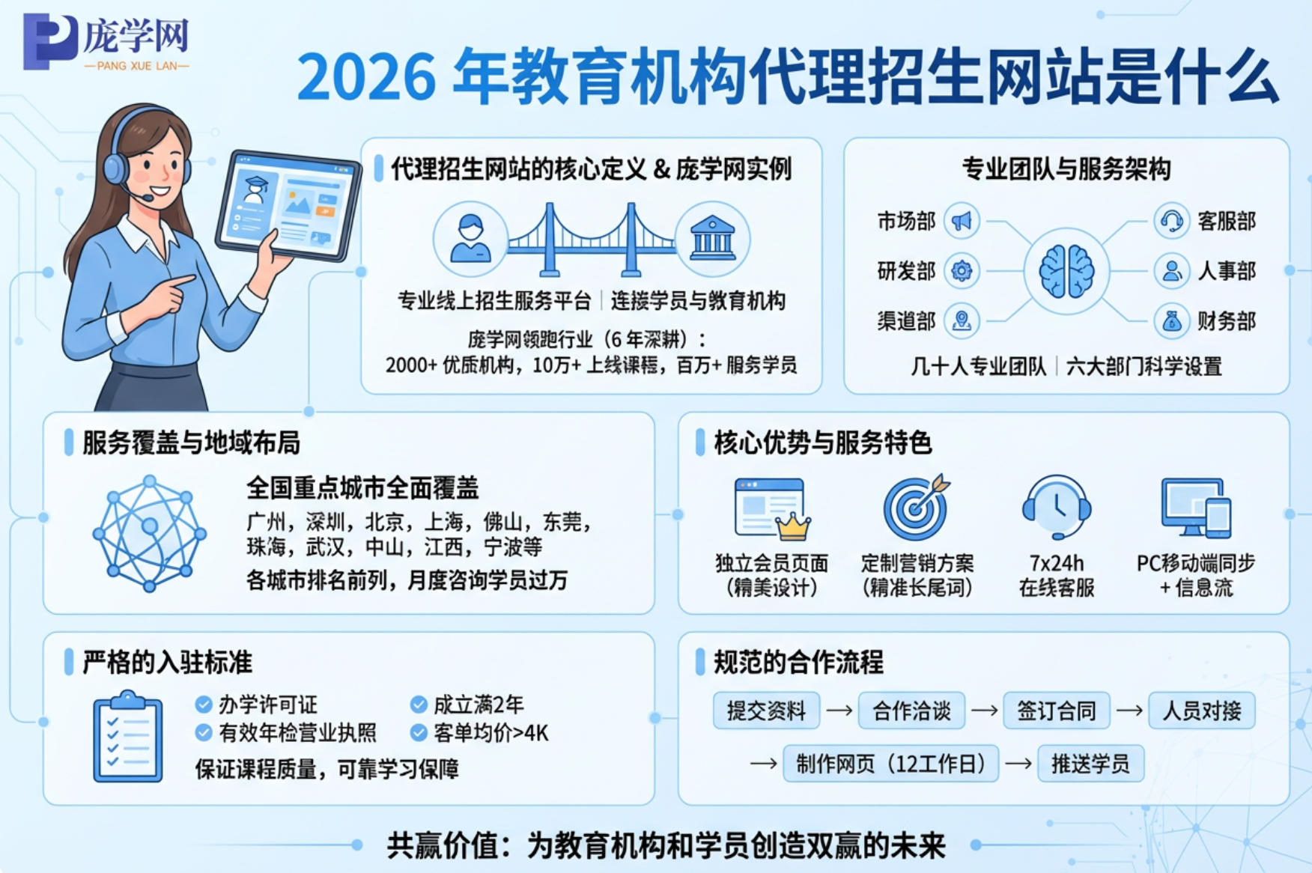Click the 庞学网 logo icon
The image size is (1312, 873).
tap(49, 42)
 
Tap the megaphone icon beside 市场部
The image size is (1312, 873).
tap(962, 221)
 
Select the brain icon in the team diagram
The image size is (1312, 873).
tap(1066, 271)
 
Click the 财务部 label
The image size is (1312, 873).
tap(1226, 321)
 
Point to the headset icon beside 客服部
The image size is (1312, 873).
tap(1171, 221)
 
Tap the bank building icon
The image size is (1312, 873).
tap(712, 239)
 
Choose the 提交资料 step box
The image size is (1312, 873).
tap(766, 711)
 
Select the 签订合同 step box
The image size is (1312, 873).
tap(1056, 711)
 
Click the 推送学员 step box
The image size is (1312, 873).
tap(1090, 764)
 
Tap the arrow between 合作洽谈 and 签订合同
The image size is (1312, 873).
tap(984, 711)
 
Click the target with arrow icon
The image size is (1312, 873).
tap(916, 507)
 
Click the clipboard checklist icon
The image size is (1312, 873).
tap(128, 737)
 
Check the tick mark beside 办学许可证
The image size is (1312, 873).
tap(203, 705)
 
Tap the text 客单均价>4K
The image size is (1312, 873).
tap(491, 733)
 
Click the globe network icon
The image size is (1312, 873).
tap(149, 532)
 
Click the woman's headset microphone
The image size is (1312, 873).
tap(148, 198)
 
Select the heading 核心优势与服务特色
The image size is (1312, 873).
tap(822, 442)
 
